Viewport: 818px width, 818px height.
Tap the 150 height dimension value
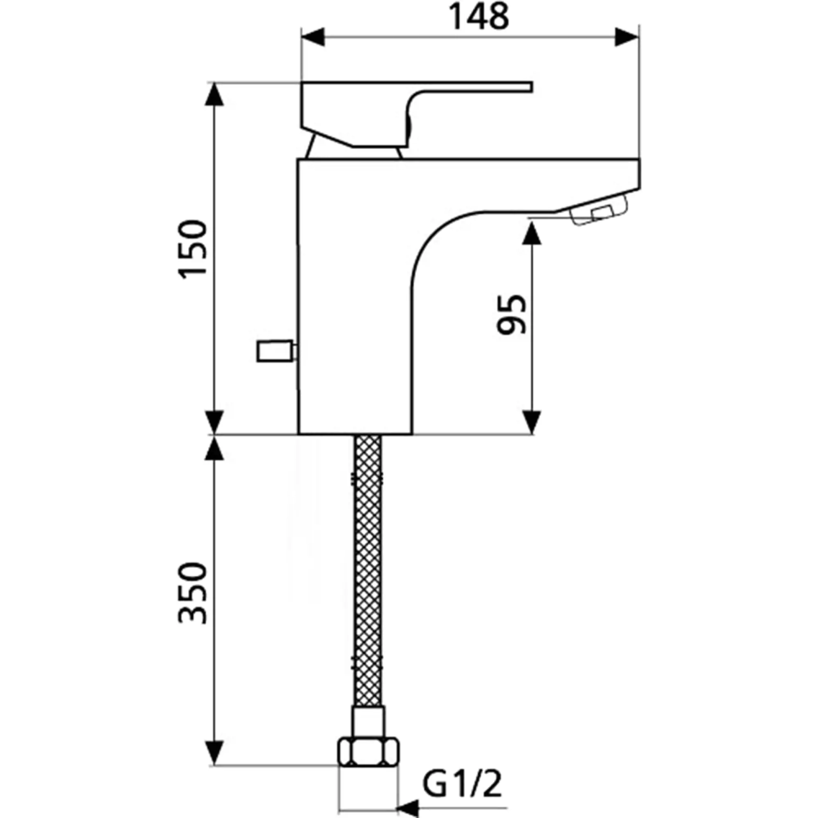click(x=194, y=249)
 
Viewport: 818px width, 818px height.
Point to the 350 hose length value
click(x=194, y=593)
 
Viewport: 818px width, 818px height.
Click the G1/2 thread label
click(x=462, y=784)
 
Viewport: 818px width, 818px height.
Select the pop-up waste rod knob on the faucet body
click(x=276, y=352)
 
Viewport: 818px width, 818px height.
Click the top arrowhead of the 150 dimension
click(x=215, y=95)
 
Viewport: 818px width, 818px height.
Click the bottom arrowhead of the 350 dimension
click(x=215, y=753)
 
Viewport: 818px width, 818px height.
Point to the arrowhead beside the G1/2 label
click(x=408, y=807)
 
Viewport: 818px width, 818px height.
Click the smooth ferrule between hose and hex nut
click(x=369, y=723)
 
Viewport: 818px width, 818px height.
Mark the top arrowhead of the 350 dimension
click(x=215, y=448)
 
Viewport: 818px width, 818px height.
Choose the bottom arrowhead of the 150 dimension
click(x=215, y=422)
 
